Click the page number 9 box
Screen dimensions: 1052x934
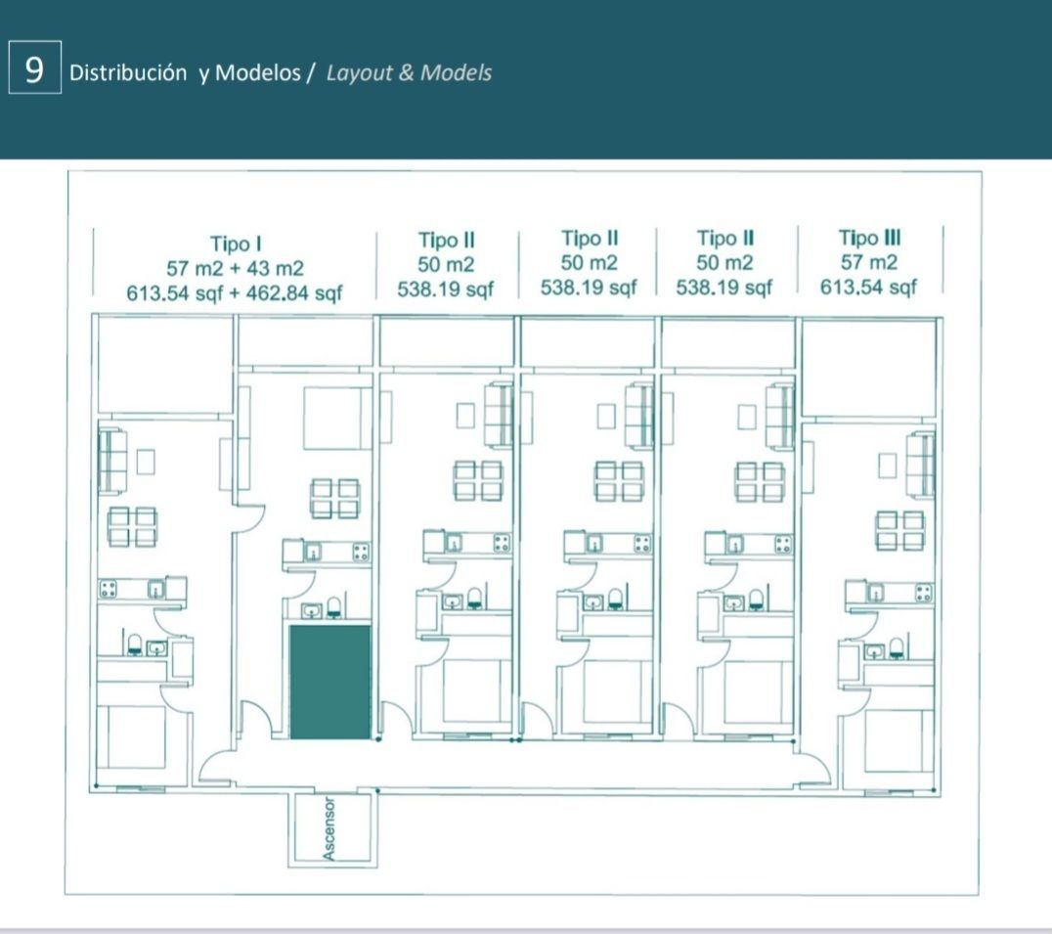(x=35, y=67)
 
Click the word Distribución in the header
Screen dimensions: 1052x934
(x=128, y=72)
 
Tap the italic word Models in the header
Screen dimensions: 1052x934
(x=456, y=72)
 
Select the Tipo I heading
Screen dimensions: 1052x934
(x=236, y=244)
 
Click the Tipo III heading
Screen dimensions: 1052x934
(x=869, y=238)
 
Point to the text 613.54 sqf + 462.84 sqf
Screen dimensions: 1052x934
(x=235, y=293)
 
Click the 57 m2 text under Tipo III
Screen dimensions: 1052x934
(x=869, y=262)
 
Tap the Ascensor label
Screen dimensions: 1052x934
(x=329, y=828)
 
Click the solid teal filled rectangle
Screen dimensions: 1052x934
(x=330, y=682)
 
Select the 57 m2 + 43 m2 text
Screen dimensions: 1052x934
(x=235, y=268)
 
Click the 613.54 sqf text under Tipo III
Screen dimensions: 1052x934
(x=868, y=288)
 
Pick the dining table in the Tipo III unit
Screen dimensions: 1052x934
(x=899, y=530)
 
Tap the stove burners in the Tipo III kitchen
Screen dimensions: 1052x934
(x=923, y=593)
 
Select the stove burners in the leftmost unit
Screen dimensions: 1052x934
(x=108, y=589)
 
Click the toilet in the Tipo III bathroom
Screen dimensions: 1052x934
(x=897, y=648)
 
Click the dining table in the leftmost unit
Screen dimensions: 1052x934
(x=133, y=527)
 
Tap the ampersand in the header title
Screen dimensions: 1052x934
(x=406, y=72)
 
